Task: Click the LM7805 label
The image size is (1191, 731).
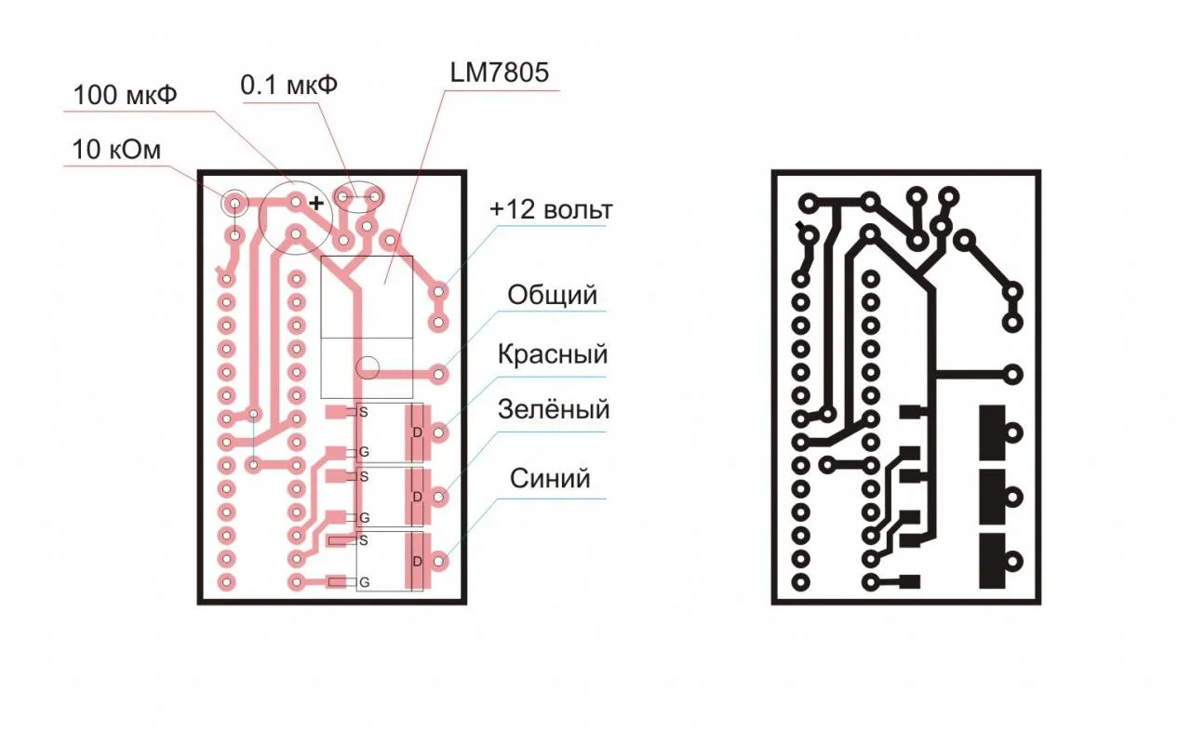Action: [x=500, y=73]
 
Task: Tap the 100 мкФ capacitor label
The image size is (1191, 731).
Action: [x=125, y=96]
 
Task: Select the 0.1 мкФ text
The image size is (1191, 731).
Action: [x=288, y=85]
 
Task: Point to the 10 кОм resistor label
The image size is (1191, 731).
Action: [x=116, y=150]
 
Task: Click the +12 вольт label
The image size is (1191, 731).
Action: [x=551, y=209]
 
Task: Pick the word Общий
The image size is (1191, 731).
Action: [x=553, y=295]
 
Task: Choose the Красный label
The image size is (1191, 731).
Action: [x=553, y=353]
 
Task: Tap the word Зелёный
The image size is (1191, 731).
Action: [x=554, y=409]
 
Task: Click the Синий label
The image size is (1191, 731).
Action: [x=550, y=479]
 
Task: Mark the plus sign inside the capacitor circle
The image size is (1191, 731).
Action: [x=316, y=203]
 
